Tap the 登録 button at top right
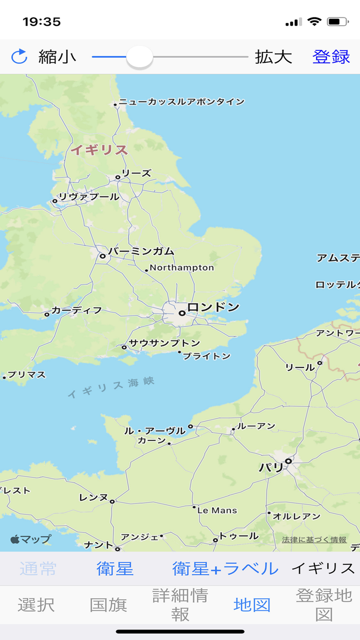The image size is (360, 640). pos(331,57)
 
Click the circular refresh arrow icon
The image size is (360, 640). pos(19,57)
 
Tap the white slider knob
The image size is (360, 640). pos(139,57)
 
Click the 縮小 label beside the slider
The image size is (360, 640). pos(57,57)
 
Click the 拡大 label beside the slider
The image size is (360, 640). pos(273,57)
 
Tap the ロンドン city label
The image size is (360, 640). pos(213,308)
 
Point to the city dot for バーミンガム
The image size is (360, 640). pos(103,256)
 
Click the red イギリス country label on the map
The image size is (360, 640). pos(99,150)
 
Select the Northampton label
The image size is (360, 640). pos(182,268)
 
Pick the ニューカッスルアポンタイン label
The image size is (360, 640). pos(182,102)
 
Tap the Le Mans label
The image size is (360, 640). pos(217,510)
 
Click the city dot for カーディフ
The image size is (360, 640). pos(47,314)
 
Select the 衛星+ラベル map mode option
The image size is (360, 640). pos(225,568)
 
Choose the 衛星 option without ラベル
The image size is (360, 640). pos(115,568)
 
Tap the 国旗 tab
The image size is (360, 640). pos(108,605)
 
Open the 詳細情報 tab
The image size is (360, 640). pos(180,605)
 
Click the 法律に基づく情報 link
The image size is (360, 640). pos(314,540)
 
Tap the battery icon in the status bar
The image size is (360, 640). pos(337,22)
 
